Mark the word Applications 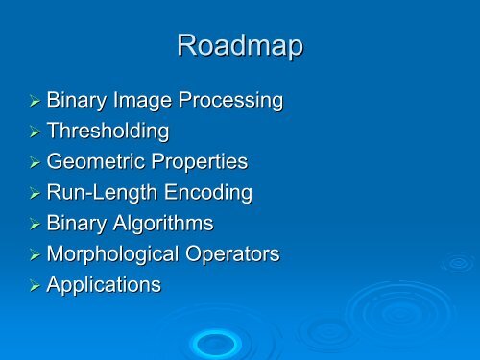[x=104, y=285]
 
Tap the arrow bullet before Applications [x=34, y=286]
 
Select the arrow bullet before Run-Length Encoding [x=34, y=194]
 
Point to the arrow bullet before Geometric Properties [x=34, y=163]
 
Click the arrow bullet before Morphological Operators [x=34, y=255]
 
